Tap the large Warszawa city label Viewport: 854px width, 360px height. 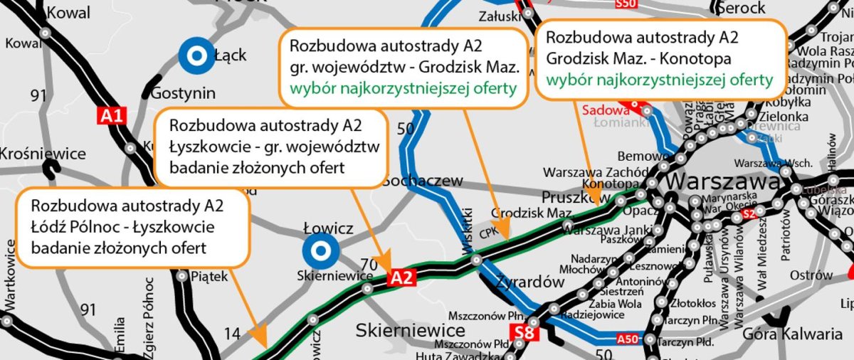pos(723,182)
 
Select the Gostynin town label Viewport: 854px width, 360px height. pos(181,94)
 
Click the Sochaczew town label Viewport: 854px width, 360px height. pos(422,181)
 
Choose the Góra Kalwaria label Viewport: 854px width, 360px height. pos(792,334)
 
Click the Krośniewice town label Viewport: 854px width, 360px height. pos(43,154)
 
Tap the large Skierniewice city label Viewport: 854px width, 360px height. pos(411,330)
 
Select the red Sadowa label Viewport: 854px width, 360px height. pos(606,110)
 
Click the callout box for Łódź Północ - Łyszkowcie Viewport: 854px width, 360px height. pos(132,228)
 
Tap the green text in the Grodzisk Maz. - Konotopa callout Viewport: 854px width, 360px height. pos(659,80)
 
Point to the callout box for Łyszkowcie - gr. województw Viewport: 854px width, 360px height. pos(270,147)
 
